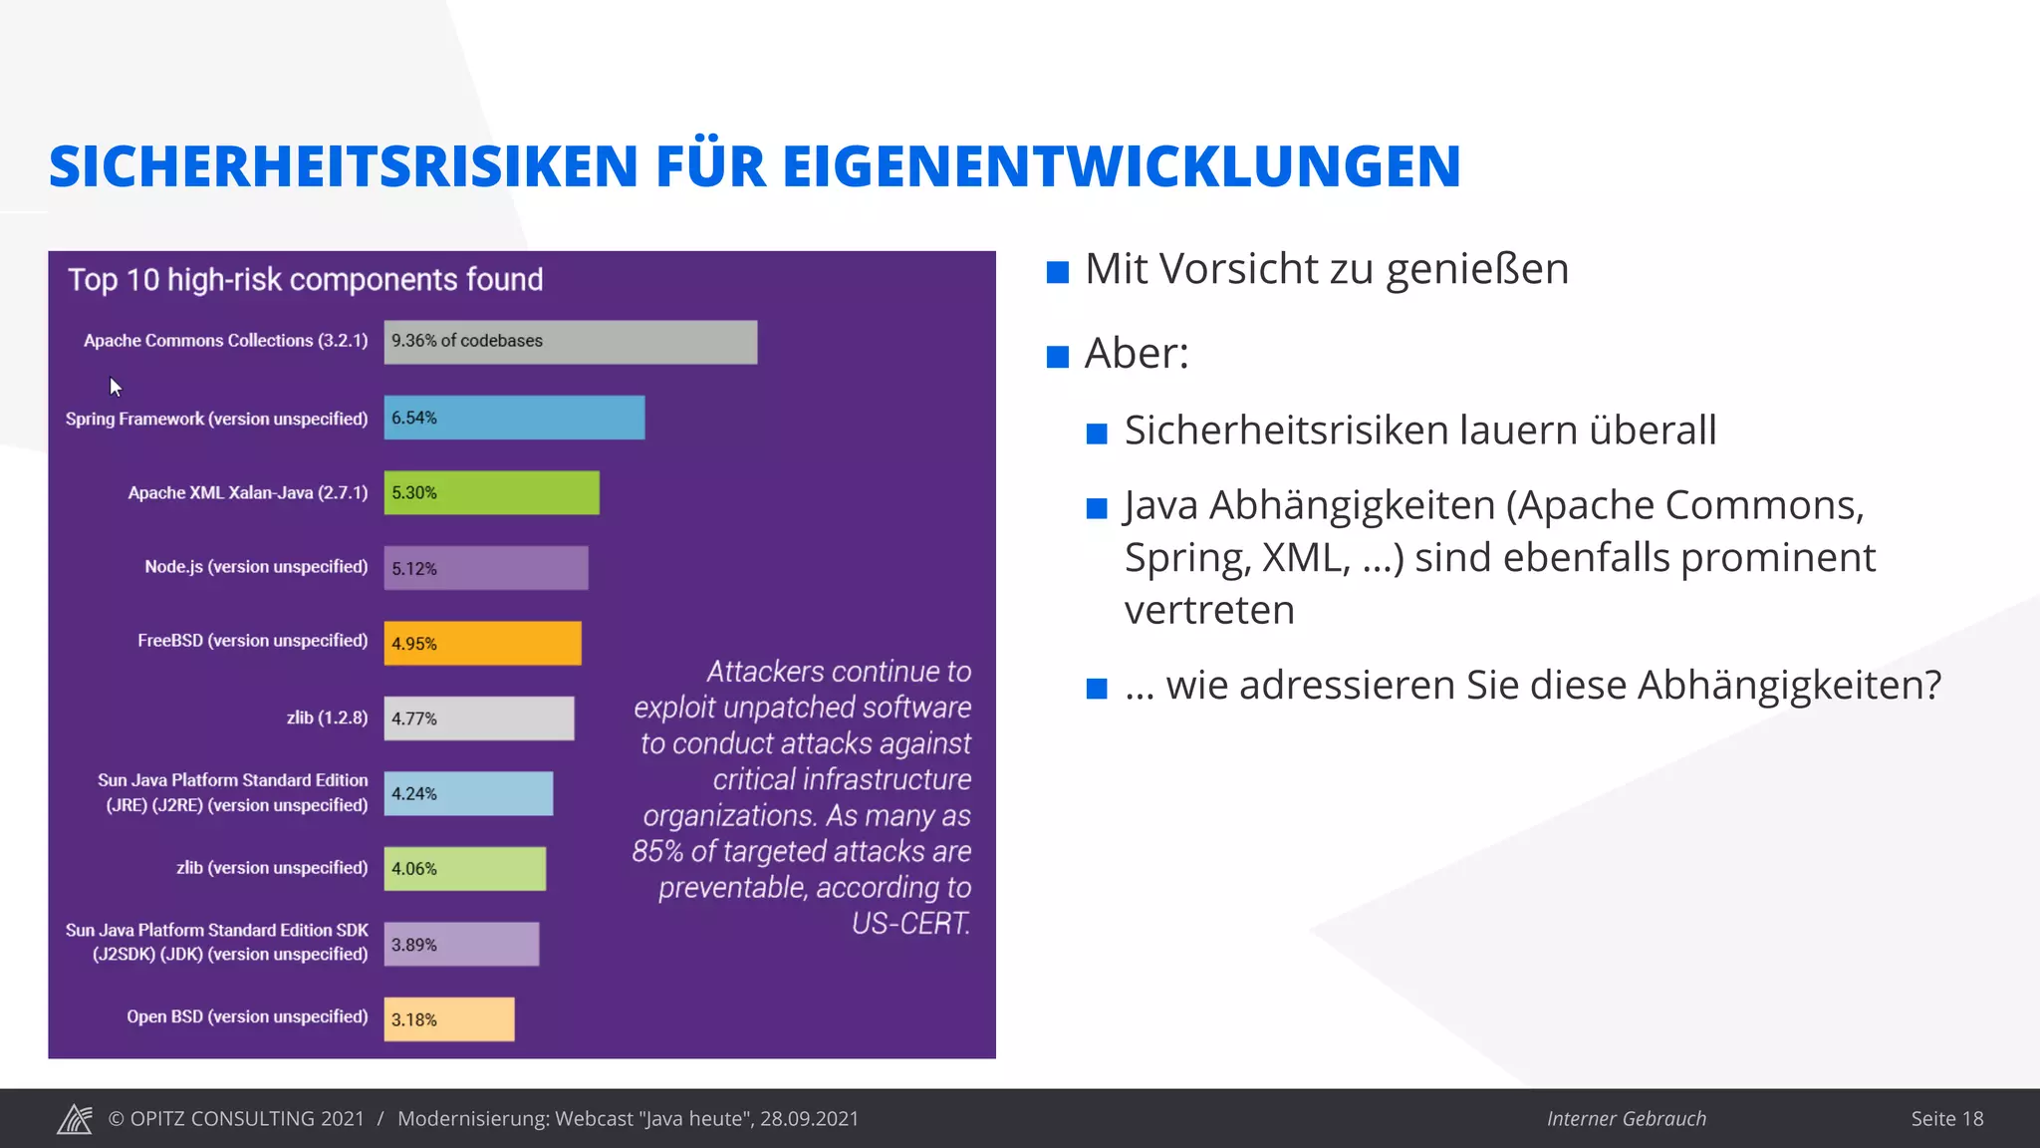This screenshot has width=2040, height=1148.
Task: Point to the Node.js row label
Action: pos(256,567)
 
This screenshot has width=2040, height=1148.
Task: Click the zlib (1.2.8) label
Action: pos(327,717)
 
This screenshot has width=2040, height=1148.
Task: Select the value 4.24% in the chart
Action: pos(413,794)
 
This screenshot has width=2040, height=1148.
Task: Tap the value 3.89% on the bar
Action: pos(413,945)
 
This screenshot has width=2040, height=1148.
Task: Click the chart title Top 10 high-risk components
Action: pos(305,280)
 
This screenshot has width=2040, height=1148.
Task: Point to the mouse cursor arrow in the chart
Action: pos(115,386)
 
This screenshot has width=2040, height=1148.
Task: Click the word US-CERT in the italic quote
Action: pos(909,924)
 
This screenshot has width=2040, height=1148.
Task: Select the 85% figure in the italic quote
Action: pos(657,852)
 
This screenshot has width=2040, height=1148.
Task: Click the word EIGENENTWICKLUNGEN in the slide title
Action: pos(1121,166)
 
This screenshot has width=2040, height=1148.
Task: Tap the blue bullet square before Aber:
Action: pos(1058,356)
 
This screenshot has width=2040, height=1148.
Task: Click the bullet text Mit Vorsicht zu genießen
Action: pos(1326,269)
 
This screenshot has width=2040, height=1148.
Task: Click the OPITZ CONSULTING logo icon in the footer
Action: pos(75,1119)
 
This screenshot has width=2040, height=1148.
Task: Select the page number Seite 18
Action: pos(1946,1119)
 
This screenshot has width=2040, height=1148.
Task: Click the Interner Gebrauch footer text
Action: pos(1626,1119)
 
